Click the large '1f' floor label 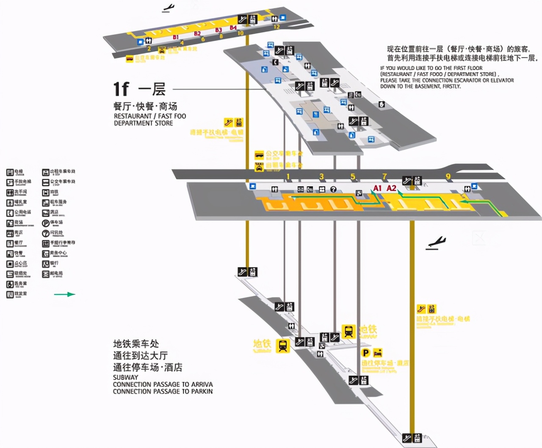tap(121, 89)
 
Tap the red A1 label tap(377, 188)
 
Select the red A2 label tap(392, 188)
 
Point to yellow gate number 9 tap(448, 176)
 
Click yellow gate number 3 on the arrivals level tap(321, 177)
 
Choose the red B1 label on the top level tap(176, 37)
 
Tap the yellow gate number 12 tap(277, 26)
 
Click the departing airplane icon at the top tap(169, 8)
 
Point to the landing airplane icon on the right tap(436, 243)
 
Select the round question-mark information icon tap(333, 189)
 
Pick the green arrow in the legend tap(65, 294)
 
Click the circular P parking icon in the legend tap(46, 223)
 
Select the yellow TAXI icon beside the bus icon tap(259, 166)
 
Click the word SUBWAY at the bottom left tap(125, 377)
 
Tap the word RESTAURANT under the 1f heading tap(133, 116)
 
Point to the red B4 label tap(233, 28)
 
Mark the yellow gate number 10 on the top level tap(241, 33)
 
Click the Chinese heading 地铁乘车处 tap(136, 344)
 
